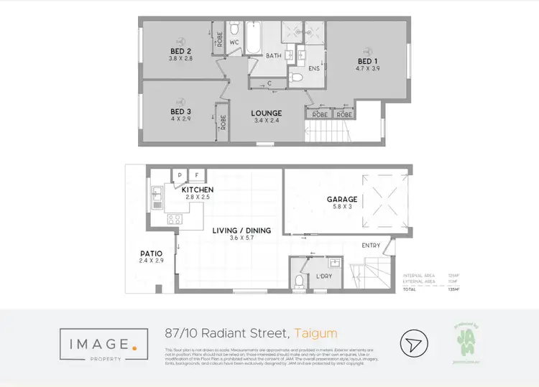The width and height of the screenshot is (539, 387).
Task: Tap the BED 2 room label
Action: tap(180, 51)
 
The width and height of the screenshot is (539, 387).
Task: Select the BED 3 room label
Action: tap(180, 112)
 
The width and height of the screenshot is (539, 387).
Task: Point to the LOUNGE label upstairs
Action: tap(266, 113)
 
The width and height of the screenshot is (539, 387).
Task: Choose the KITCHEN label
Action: tap(197, 190)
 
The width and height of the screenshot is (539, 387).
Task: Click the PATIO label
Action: tap(152, 253)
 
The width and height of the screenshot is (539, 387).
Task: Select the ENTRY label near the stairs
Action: tap(372, 246)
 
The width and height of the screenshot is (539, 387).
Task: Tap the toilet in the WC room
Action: tap(234, 31)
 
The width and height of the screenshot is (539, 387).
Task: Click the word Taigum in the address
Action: tap(315, 333)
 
